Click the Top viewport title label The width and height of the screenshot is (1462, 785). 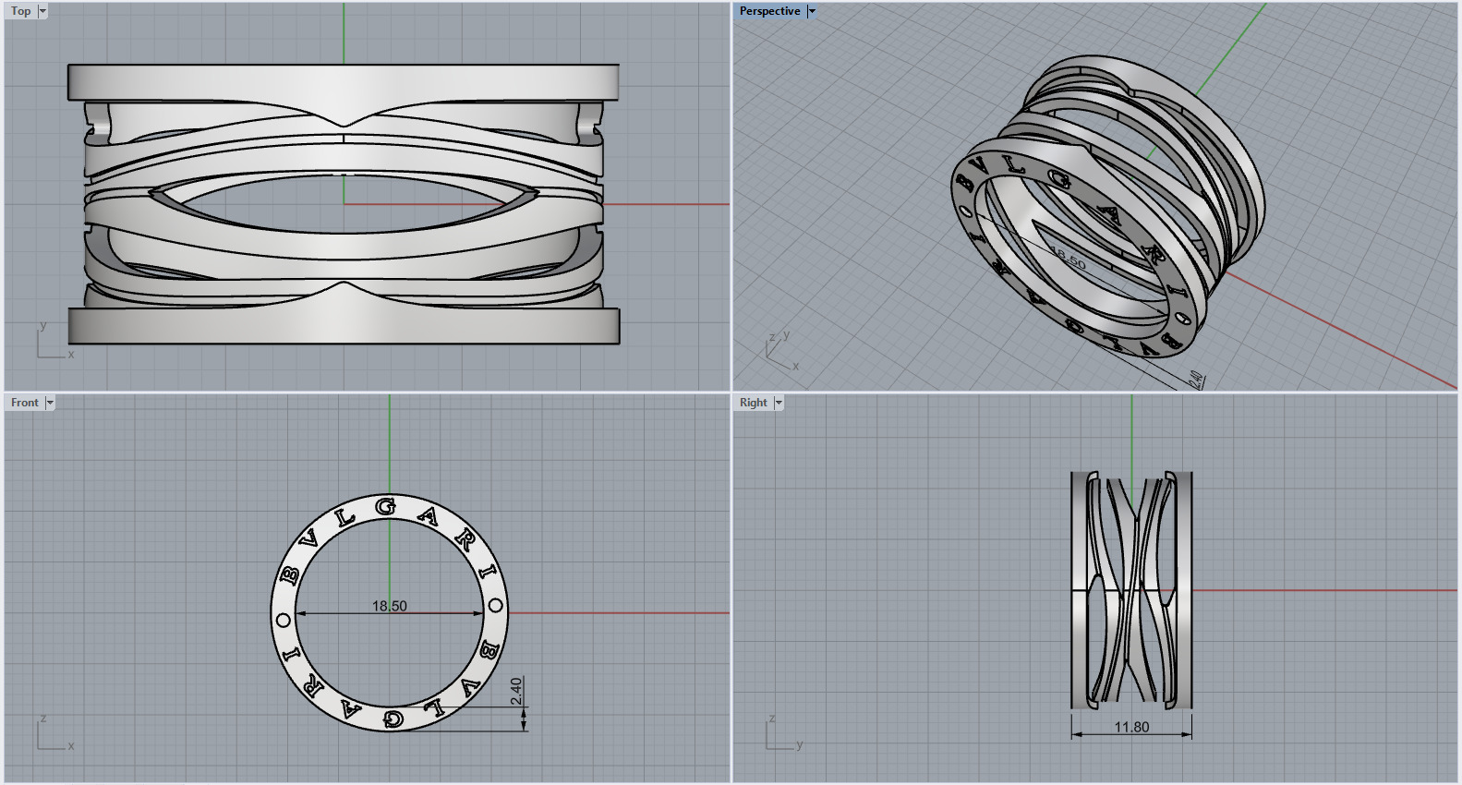[x=20, y=11]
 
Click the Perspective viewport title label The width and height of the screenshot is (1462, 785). [x=769, y=11]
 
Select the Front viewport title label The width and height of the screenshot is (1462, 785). [x=24, y=403]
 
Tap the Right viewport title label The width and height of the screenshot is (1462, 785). [x=753, y=403]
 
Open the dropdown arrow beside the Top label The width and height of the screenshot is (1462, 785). [x=42, y=11]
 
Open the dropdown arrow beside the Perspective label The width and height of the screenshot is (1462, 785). [x=812, y=11]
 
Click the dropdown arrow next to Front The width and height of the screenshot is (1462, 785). [x=50, y=403]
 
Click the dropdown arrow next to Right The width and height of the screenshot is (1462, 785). [x=779, y=403]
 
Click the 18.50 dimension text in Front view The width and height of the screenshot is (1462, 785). [x=389, y=606]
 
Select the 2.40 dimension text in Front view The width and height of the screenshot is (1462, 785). [x=516, y=690]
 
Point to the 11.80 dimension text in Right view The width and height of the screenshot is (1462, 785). [x=1131, y=727]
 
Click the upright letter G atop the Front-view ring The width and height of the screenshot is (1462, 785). [x=387, y=506]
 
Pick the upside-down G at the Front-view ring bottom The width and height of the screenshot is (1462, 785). [x=393, y=719]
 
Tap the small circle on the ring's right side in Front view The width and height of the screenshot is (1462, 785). [x=495, y=607]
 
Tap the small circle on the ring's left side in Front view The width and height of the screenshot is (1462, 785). [x=284, y=620]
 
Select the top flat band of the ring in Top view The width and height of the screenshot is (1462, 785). [x=344, y=82]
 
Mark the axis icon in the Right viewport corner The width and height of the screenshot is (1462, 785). [x=780, y=734]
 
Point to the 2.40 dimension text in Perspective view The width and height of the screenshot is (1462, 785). [x=1195, y=380]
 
